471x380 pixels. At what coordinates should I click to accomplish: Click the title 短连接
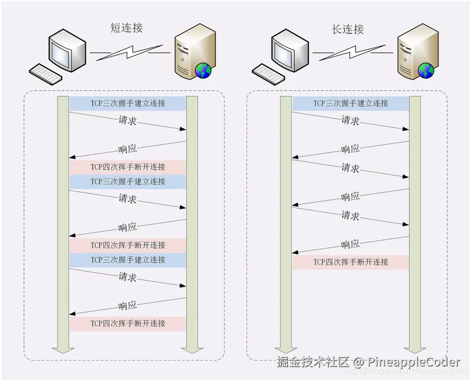coord(127,28)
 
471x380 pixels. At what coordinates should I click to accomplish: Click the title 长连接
coord(348,29)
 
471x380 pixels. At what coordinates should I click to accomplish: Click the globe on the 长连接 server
coord(425,70)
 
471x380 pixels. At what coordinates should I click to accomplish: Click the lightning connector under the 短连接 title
coord(129,52)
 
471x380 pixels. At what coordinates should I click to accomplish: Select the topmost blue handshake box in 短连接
coord(128,103)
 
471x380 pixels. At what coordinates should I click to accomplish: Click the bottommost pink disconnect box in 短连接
coord(128,324)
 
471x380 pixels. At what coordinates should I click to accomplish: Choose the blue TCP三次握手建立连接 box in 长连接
coord(350,103)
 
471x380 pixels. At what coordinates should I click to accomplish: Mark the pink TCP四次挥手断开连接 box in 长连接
coord(350,262)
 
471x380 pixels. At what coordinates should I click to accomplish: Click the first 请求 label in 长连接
coord(350,121)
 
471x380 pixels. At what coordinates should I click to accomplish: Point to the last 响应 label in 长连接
coord(350,244)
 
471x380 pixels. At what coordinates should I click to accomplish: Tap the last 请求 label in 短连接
coord(128,277)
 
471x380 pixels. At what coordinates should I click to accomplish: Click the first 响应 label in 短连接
coord(128,149)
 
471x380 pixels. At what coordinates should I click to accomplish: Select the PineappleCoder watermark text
coord(414,362)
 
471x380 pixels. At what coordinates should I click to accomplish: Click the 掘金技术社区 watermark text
coord(312,362)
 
